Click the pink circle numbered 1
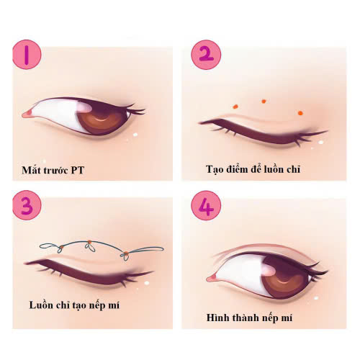pos(27,55)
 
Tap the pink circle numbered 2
pos(206,55)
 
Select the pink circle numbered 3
pos(27,205)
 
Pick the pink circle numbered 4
pos(206,205)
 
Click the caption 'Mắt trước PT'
pos(53,170)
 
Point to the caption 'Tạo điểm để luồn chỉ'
pos(253,169)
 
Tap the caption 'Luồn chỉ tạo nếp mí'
pos(74,305)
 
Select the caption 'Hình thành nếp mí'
pos(249,318)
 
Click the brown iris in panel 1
pos(103,121)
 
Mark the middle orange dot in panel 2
pos(264,102)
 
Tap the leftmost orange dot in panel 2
pos(235,107)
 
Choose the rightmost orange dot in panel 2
pos(300,113)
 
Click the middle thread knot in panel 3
pos(89,246)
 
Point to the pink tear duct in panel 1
pos(28,114)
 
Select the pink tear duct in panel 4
pos(212,279)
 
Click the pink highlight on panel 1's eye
pos(84,107)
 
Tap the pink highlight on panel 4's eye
pos(269,269)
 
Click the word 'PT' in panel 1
pos(78,170)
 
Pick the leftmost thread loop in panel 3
pos(49,246)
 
